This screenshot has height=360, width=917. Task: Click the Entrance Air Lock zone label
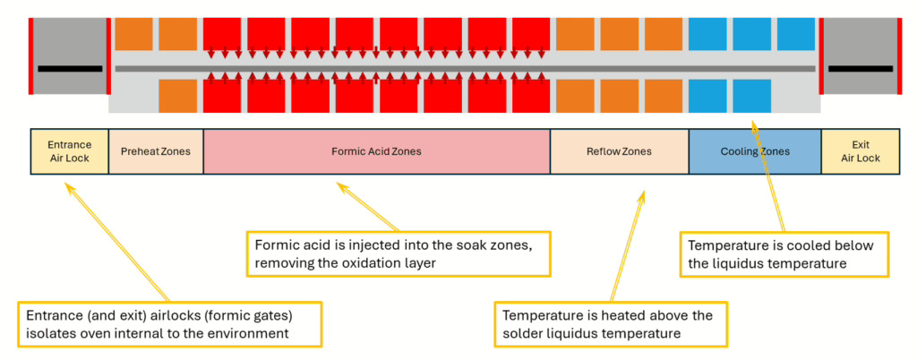(x=69, y=151)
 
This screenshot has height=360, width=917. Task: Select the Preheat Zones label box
(x=156, y=151)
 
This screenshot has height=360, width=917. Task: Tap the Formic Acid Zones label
(x=376, y=151)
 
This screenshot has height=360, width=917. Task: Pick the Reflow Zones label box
(x=619, y=151)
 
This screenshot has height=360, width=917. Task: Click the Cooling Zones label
(x=755, y=151)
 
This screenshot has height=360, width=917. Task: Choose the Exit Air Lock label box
(x=861, y=151)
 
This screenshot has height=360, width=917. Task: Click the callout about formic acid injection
(x=399, y=253)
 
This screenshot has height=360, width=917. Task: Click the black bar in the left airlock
(x=69, y=68)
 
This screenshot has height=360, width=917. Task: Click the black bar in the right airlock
(x=860, y=68)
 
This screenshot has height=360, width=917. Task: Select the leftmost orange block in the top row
(x=133, y=34)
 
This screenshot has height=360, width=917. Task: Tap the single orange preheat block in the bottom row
(x=177, y=96)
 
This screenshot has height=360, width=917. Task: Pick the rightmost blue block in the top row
(x=795, y=34)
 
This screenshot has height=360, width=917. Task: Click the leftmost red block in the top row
(x=222, y=34)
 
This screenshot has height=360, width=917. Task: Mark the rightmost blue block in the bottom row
(x=751, y=96)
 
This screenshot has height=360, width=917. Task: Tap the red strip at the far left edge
(x=31, y=56)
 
